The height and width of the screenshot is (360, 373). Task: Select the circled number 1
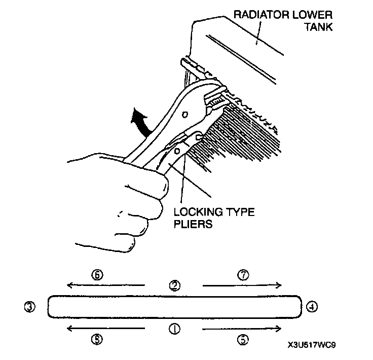(174, 329)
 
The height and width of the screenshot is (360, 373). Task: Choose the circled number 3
(31, 307)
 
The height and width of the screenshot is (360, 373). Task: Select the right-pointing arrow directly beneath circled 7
(242, 285)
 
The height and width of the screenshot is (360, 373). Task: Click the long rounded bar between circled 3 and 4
(172, 307)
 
